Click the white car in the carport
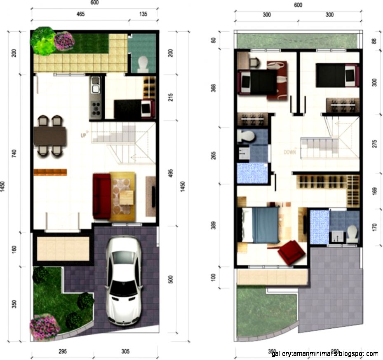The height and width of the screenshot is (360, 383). click(x=123, y=282)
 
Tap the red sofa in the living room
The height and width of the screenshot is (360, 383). click(x=101, y=196)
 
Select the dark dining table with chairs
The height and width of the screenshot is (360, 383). click(x=50, y=136)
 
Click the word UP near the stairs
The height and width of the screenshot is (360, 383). click(x=83, y=134)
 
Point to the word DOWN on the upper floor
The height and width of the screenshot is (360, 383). click(x=290, y=152)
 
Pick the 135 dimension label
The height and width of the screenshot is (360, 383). click(x=142, y=14)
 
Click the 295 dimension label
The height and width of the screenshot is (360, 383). click(x=61, y=351)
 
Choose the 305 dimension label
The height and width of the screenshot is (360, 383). click(x=126, y=351)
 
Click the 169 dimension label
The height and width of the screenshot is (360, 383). click(x=374, y=192)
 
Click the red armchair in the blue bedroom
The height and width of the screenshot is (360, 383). click(x=291, y=252)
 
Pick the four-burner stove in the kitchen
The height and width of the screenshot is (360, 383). click(x=96, y=108)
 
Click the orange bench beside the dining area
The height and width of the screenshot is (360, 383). click(x=50, y=172)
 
